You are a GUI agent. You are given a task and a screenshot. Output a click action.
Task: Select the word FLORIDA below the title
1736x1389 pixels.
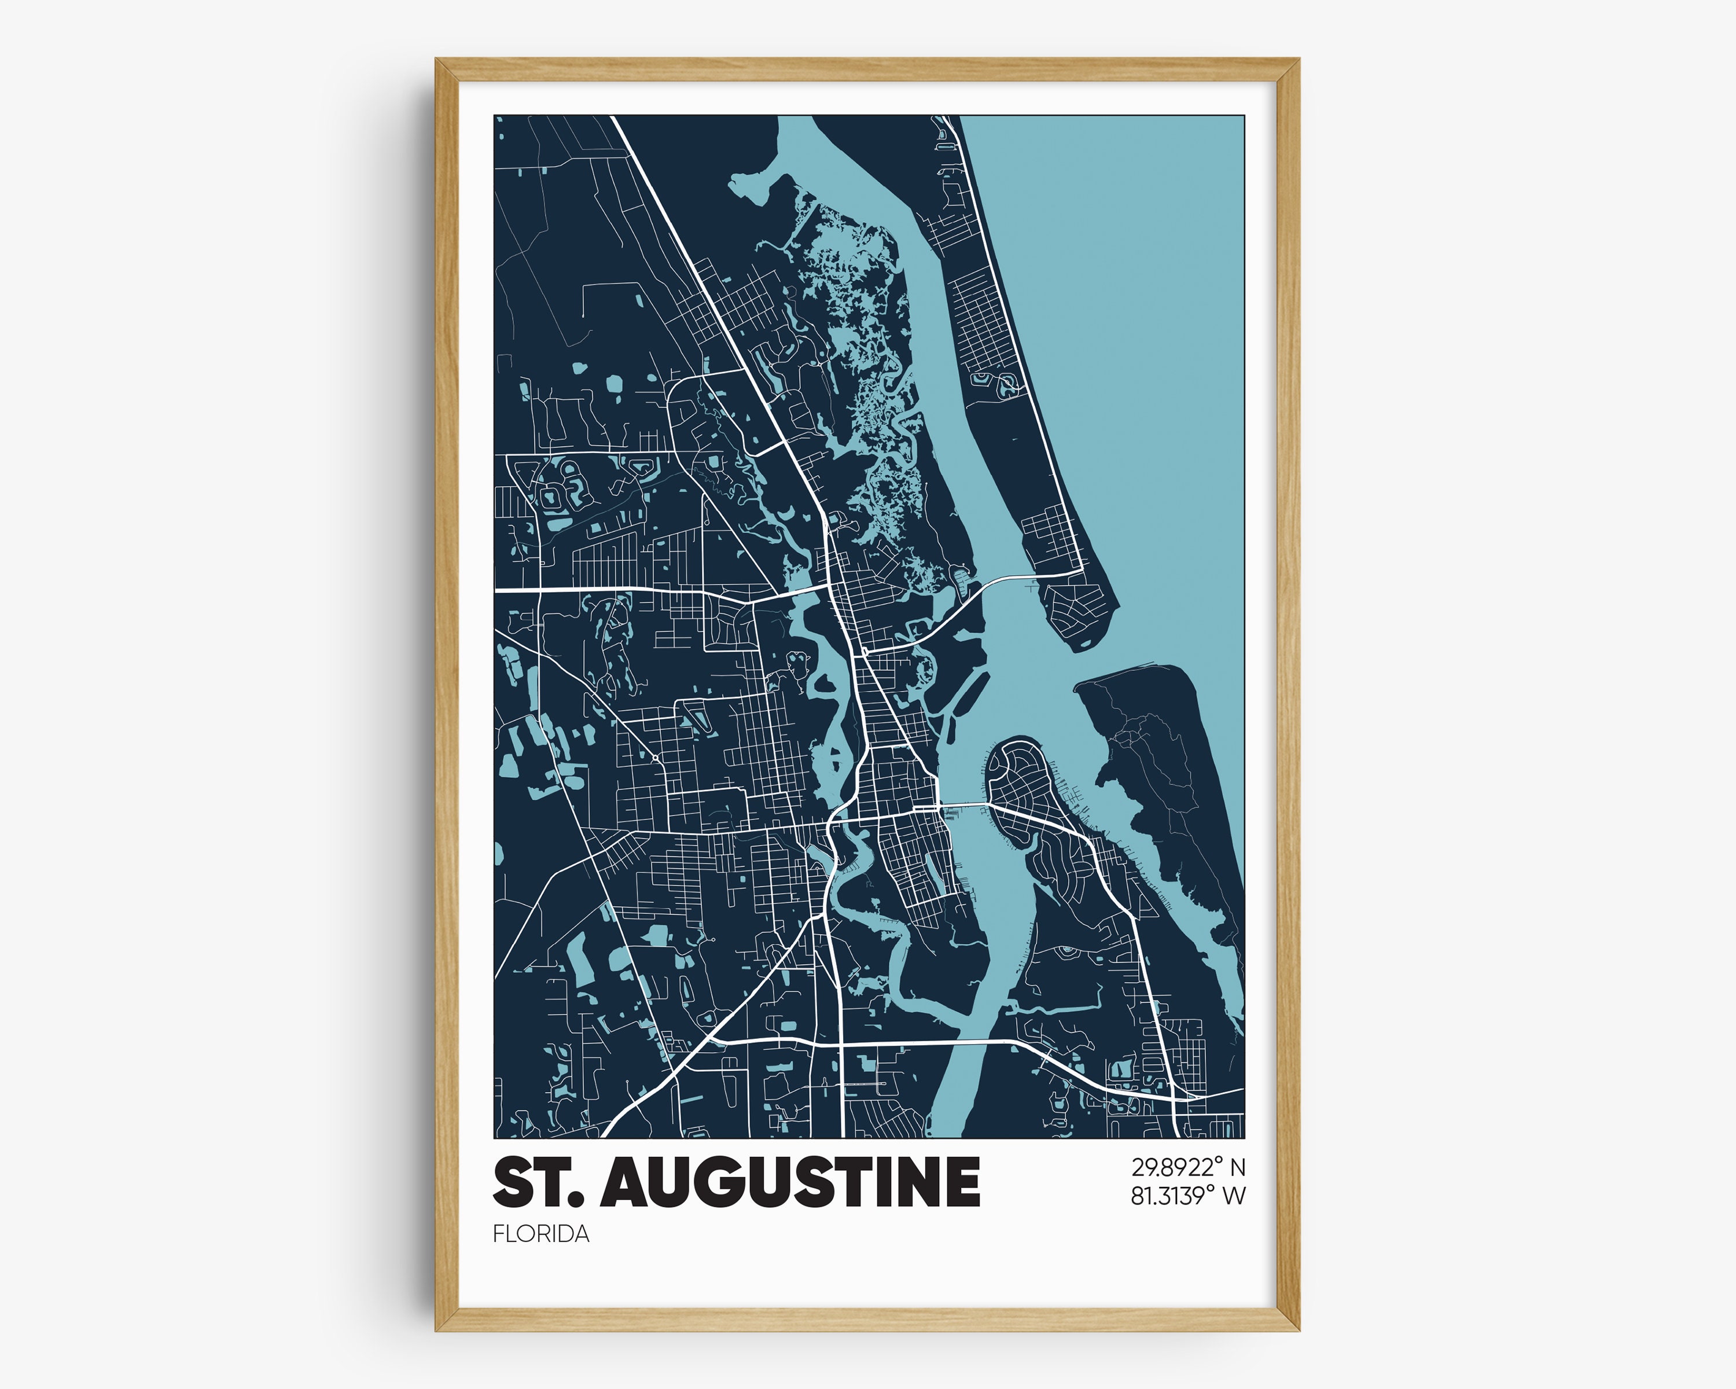click(x=540, y=1233)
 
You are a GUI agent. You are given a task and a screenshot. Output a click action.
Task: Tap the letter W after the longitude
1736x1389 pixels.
click(x=1234, y=1196)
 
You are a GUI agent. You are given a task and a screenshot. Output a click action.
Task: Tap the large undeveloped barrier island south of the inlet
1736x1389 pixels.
click(x=1168, y=765)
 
